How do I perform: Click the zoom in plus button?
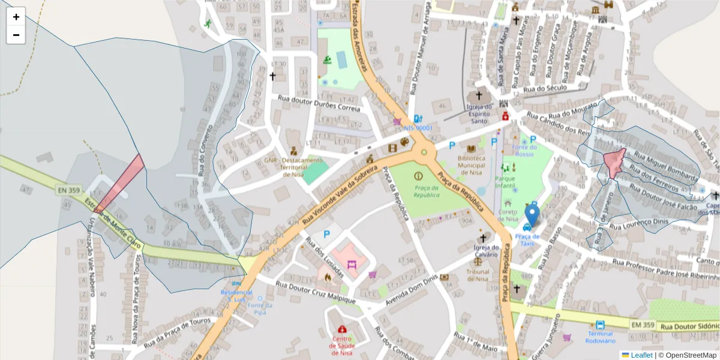tap(16, 17)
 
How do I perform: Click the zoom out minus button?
tap(16, 35)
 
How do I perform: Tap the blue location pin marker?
tap(532, 216)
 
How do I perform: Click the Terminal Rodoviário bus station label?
tap(600, 337)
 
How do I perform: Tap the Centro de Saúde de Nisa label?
tap(342, 342)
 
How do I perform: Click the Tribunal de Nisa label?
tap(478, 275)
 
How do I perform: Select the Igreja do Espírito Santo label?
tap(479, 113)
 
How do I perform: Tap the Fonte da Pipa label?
tap(259, 308)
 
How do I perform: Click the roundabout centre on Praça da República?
tap(424, 152)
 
